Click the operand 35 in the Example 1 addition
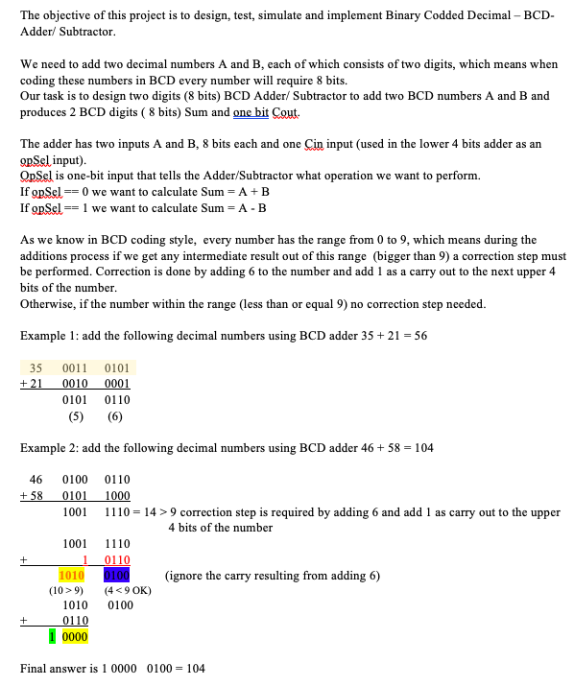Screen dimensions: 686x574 36,368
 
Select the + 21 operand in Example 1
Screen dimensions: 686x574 32,384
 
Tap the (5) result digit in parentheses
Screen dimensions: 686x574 74,416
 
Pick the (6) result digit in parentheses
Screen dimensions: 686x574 115,416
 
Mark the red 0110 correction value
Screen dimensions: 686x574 117,559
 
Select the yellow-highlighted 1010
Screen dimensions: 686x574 73,576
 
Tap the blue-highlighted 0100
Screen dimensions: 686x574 117,576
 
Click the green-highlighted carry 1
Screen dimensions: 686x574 54,636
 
